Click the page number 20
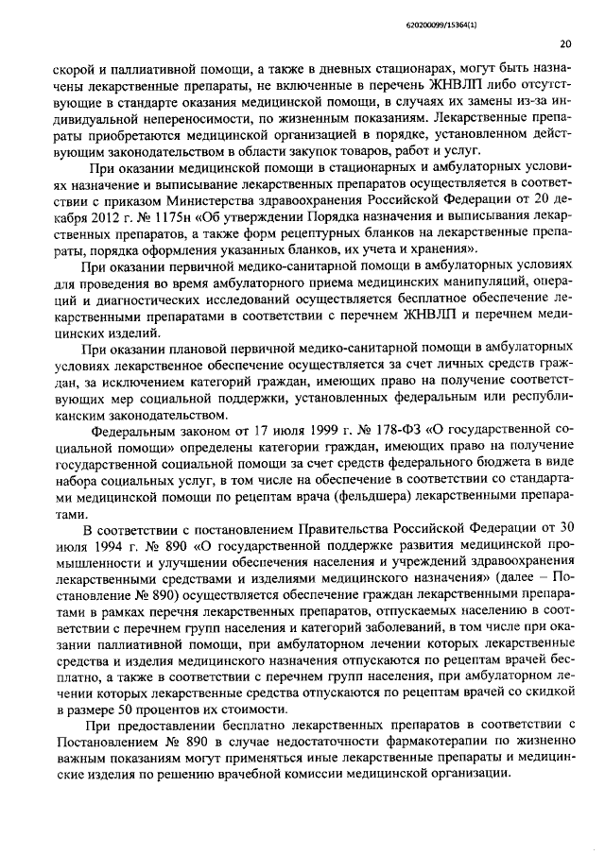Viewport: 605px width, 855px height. click(x=564, y=43)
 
